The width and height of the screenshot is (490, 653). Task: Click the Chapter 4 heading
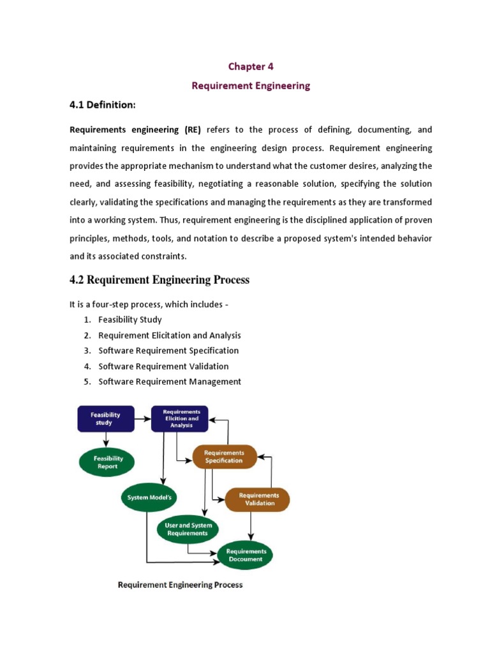251,66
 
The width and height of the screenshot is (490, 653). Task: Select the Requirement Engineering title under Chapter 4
251,85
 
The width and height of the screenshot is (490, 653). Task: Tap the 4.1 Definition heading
103,105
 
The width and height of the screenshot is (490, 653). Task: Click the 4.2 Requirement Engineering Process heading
159,280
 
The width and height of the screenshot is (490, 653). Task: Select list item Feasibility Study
130,319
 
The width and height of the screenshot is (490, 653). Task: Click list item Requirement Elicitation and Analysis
169,335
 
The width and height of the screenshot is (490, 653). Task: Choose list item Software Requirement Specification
168,351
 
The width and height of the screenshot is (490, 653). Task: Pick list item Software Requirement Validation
163,367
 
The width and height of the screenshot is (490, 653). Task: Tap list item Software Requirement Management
170,382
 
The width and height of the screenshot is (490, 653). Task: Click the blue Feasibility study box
106,418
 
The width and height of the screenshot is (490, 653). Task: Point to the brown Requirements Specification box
224,457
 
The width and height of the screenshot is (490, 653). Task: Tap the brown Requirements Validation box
258,499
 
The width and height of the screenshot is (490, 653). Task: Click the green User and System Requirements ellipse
188,529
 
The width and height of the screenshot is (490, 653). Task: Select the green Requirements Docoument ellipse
246,555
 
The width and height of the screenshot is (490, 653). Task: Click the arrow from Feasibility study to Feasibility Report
106,440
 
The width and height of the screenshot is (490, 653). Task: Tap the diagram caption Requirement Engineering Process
180,585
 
